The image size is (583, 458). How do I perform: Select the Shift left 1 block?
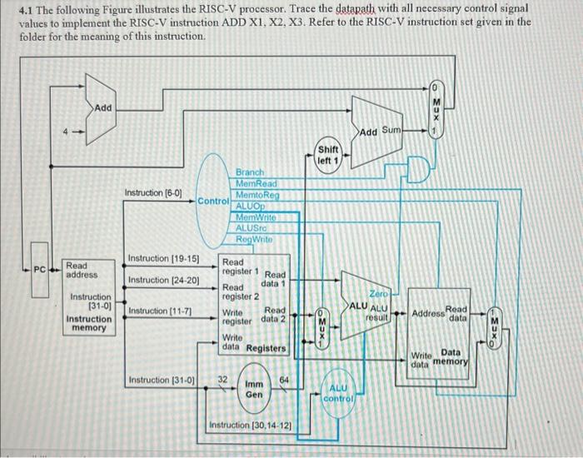[326, 154]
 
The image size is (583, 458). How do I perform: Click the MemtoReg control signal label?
[257, 193]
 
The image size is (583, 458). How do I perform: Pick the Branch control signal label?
[251, 172]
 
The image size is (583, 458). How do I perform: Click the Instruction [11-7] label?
[155, 311]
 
